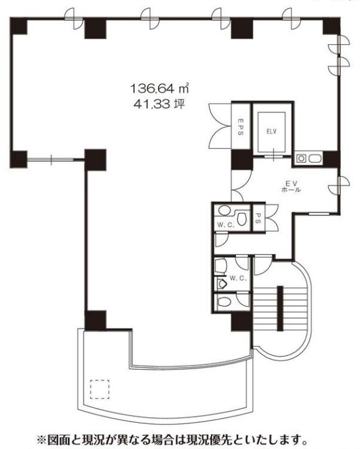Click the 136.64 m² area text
pos(160,88)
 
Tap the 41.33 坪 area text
pos(159,104)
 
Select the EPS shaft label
pos(241,126)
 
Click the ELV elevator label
pos(271,132)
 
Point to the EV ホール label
pos(291,187)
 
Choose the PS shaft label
pos(258,217)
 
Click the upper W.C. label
pos(226,225)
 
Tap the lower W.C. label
pos(238,278)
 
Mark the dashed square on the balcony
pos(100,390)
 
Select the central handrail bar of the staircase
pos(280,308)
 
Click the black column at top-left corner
pos(19,26)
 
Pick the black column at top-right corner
pos(331,26)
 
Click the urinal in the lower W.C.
pos(222,284)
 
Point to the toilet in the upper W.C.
pos(242,219)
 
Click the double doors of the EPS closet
pos(220,126)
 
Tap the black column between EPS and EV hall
pos(242,159)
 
